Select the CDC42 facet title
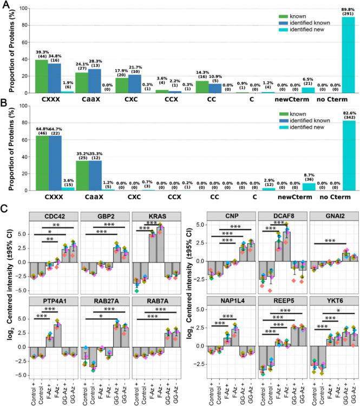point(48,216)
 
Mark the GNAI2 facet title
point(330,216)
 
